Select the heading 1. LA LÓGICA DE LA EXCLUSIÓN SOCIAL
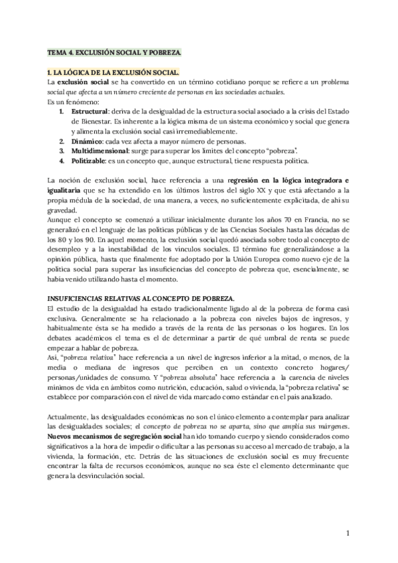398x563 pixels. click(112, 71)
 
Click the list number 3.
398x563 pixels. click(61, 151)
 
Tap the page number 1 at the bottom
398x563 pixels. click(348, 533)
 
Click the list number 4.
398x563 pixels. click(61, 161)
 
